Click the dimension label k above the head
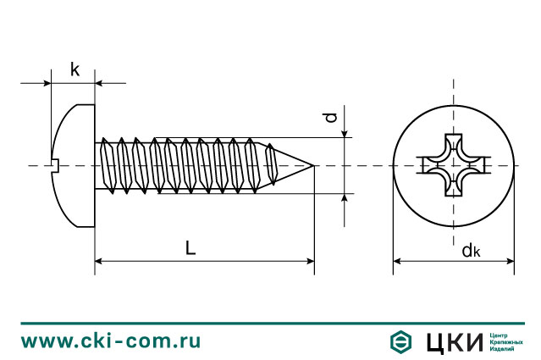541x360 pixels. coord(75,69)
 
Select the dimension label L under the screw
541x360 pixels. coord(190,248)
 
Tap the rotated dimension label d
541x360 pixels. coord(330,118)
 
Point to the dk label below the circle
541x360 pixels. coord(471,250)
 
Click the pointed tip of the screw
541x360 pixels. coord(313,166)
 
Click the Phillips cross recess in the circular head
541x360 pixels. coord(453,165)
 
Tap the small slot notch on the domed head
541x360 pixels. coord(56,165)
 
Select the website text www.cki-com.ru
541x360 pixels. coord(111,341)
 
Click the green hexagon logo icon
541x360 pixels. coord(400,341)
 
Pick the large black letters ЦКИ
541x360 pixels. coord(455,342)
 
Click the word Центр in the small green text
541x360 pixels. coord(498,335)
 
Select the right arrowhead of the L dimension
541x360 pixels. coord(310,261)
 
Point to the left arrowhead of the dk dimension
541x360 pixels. coord(397,261)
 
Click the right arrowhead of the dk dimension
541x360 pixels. coord(511,261)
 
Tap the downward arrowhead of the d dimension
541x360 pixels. coord(345,133)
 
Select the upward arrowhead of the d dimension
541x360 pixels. coord(345,197)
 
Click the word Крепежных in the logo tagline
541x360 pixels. coord(506,342)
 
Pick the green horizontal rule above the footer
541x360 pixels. coord(273,324)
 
